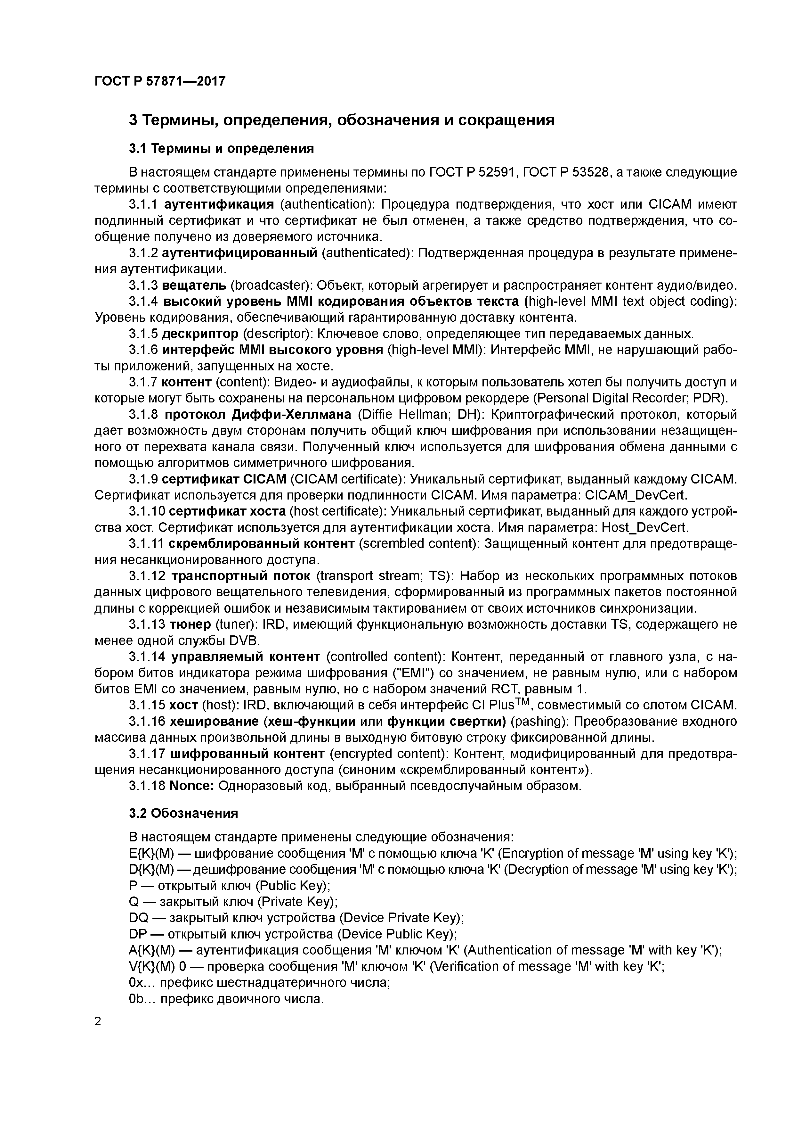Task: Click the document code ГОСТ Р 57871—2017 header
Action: (x=160, y=81)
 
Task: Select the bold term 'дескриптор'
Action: (x=200, y=334)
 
